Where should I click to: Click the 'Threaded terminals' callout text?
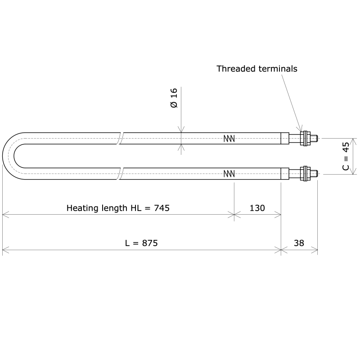click(x=256, y=69)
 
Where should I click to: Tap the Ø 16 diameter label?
click(x=174, y=98)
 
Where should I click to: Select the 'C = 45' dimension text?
click(x=345, y=156)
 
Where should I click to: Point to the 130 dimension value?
click(x=257, y=208)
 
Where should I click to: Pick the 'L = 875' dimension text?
click(x=141, y=243)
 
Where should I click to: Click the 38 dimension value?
click(x=299, y=243)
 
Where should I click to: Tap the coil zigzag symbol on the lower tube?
click(x=229, y=173)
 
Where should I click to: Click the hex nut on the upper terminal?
click(x=306, y=138)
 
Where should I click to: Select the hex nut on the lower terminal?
click(x=306, y=173)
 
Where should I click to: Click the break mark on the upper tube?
click(x=121, y=138)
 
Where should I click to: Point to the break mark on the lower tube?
click(x=121, y=173)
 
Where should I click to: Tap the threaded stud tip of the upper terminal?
click(x=315, y=138)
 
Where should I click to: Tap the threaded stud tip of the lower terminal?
click(x=315, y=173)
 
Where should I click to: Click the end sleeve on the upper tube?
click(x=284, y=138)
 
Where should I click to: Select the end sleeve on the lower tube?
click(x=284, y=173)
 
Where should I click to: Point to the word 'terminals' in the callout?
click(x=278, y=69)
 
